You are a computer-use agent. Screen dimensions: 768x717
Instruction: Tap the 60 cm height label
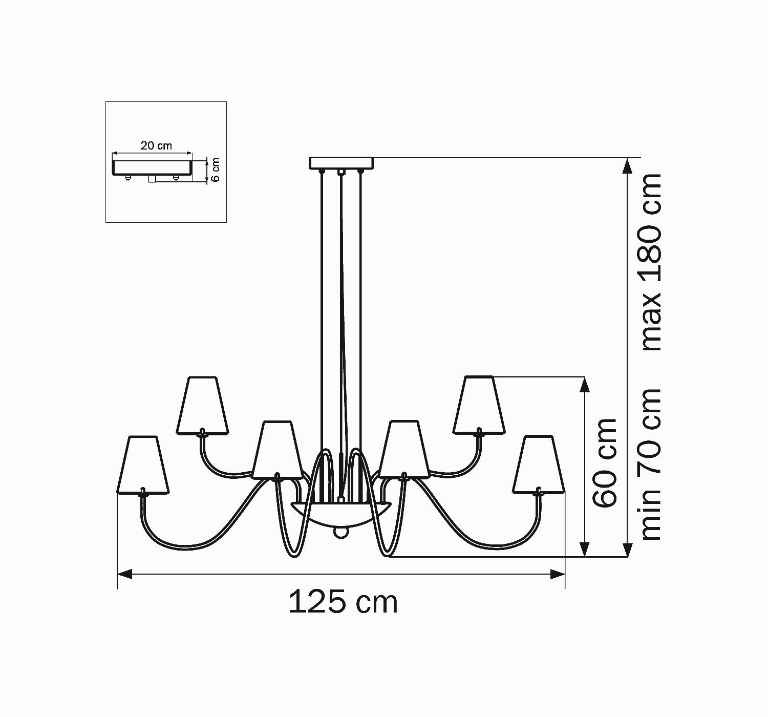click(x=605, y=463)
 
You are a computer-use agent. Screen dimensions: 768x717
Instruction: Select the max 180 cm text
click(x=652, y=262)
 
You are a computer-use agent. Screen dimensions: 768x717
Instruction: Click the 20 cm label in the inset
click(x=156, y=145)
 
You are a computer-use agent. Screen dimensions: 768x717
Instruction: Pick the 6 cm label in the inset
click(x=216, y=170)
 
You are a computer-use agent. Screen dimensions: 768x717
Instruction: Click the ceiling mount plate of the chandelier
click(x=341, y=163)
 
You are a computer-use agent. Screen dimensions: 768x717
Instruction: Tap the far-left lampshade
click(x=143, y=465)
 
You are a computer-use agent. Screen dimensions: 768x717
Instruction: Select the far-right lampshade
click(x=539, y=465)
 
